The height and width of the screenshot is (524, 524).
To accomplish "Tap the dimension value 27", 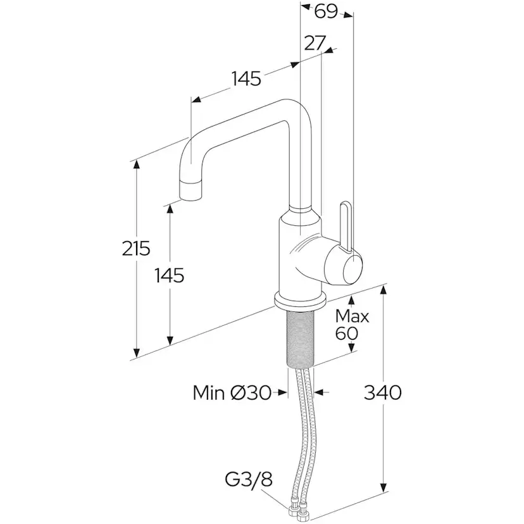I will (x=315, y=42).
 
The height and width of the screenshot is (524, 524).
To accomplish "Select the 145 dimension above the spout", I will (x=246, y=79).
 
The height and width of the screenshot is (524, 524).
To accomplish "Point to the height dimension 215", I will (x=136, y=249).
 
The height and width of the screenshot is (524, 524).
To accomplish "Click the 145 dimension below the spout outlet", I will (x=170, y=275).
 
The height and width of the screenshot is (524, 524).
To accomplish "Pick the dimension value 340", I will (x=382, y=392).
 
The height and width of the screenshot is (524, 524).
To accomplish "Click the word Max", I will (x=352, y=315).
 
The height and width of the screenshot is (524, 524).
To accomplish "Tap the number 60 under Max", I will (x=347, y=334).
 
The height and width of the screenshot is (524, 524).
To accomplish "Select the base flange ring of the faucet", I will (x=300, y=299).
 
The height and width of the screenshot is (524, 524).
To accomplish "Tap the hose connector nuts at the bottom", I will (x=300, y=507).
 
